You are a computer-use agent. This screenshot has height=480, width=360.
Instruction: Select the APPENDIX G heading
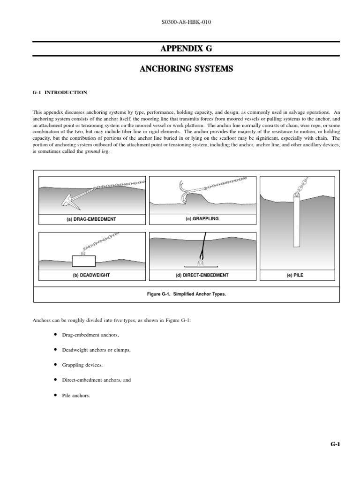pos(186,49)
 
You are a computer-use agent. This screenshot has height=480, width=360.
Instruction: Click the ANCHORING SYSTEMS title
pos(186,69)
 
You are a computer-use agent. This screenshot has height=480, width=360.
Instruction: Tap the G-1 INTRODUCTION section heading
pos(60,92)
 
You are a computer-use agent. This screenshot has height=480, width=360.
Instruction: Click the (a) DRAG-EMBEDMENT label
pos(91,219)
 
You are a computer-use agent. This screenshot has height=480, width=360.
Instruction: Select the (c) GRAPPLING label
pos(202,218)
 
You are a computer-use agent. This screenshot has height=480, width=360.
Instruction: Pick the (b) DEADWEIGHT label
pos(91,275)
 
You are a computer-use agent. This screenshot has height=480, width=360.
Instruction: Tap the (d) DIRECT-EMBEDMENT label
pos(202,275)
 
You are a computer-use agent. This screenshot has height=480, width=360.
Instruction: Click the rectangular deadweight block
pos(83,261)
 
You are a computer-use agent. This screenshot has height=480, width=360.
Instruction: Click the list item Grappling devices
pos(82,365)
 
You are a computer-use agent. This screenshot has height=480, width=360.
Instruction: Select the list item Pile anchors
pos(75,395)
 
